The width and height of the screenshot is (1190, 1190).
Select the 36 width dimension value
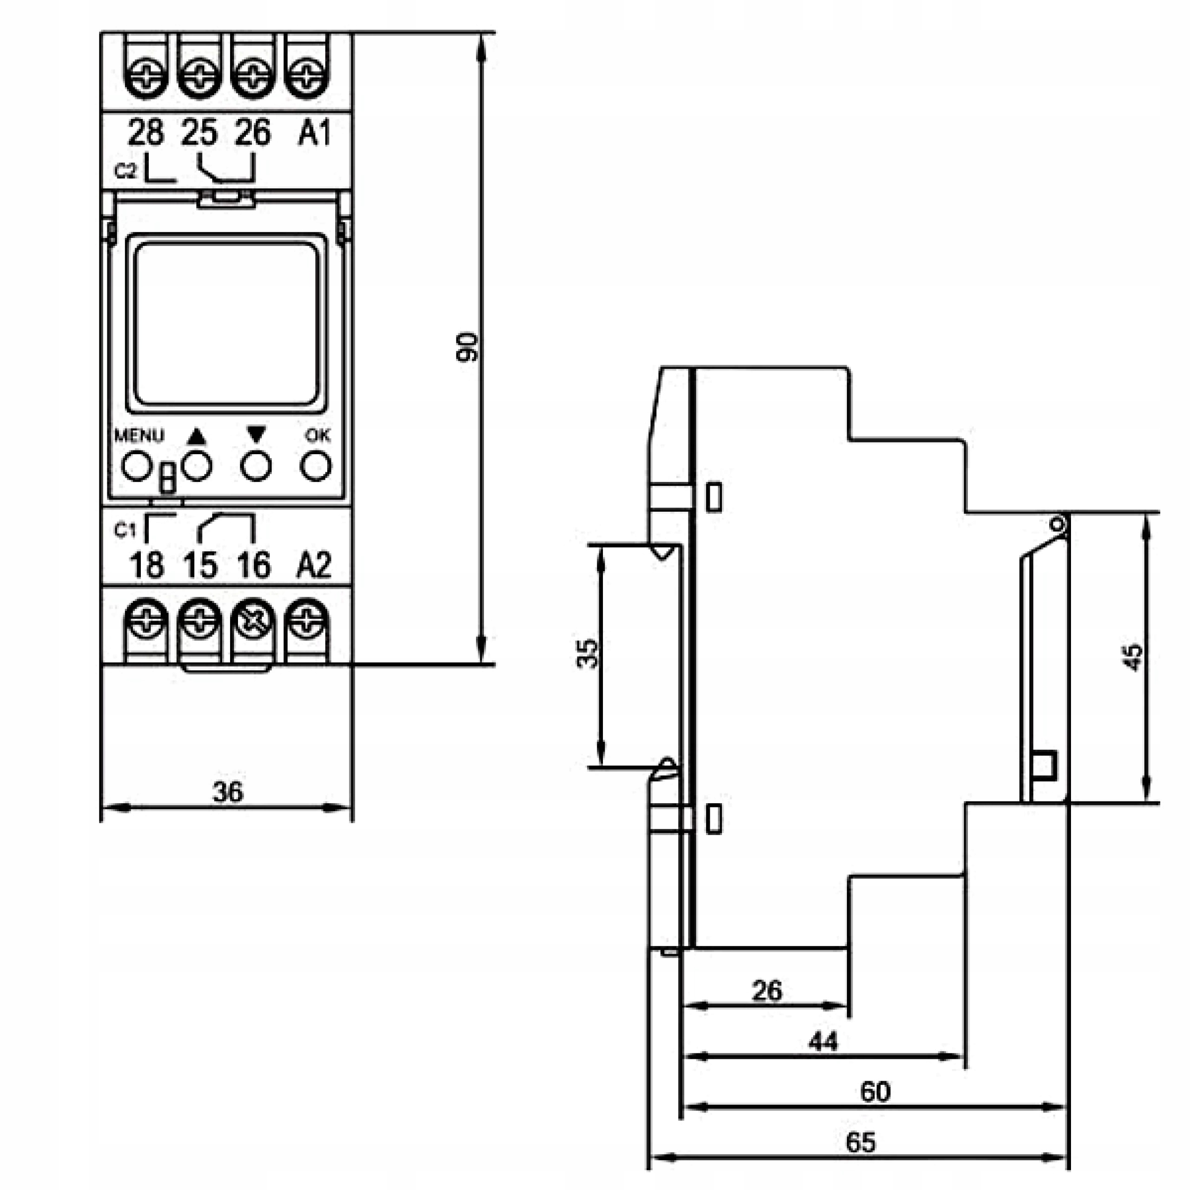228,792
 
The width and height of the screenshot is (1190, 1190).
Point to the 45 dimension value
1132,657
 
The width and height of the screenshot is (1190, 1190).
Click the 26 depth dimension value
767,991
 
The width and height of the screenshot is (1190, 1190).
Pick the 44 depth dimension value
823,1042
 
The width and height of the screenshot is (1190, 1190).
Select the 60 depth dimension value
875,1092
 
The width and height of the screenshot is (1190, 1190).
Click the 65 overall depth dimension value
860,1143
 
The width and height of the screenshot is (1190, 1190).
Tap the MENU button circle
137,466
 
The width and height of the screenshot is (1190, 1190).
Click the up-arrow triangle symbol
197,436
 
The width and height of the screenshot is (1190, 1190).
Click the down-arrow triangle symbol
256,435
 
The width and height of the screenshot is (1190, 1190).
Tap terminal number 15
200,565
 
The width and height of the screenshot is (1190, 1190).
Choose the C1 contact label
125,530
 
